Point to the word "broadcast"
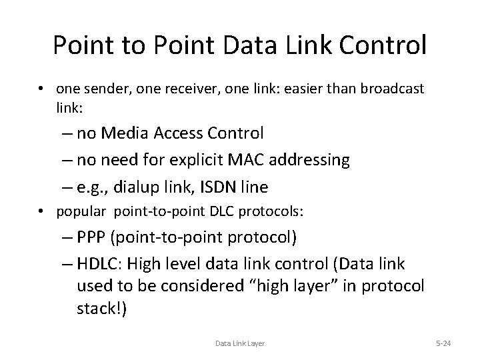(x=392, y=88)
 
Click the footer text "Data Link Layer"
(x=240, y=343)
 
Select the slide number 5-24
(x=442, y=343)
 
